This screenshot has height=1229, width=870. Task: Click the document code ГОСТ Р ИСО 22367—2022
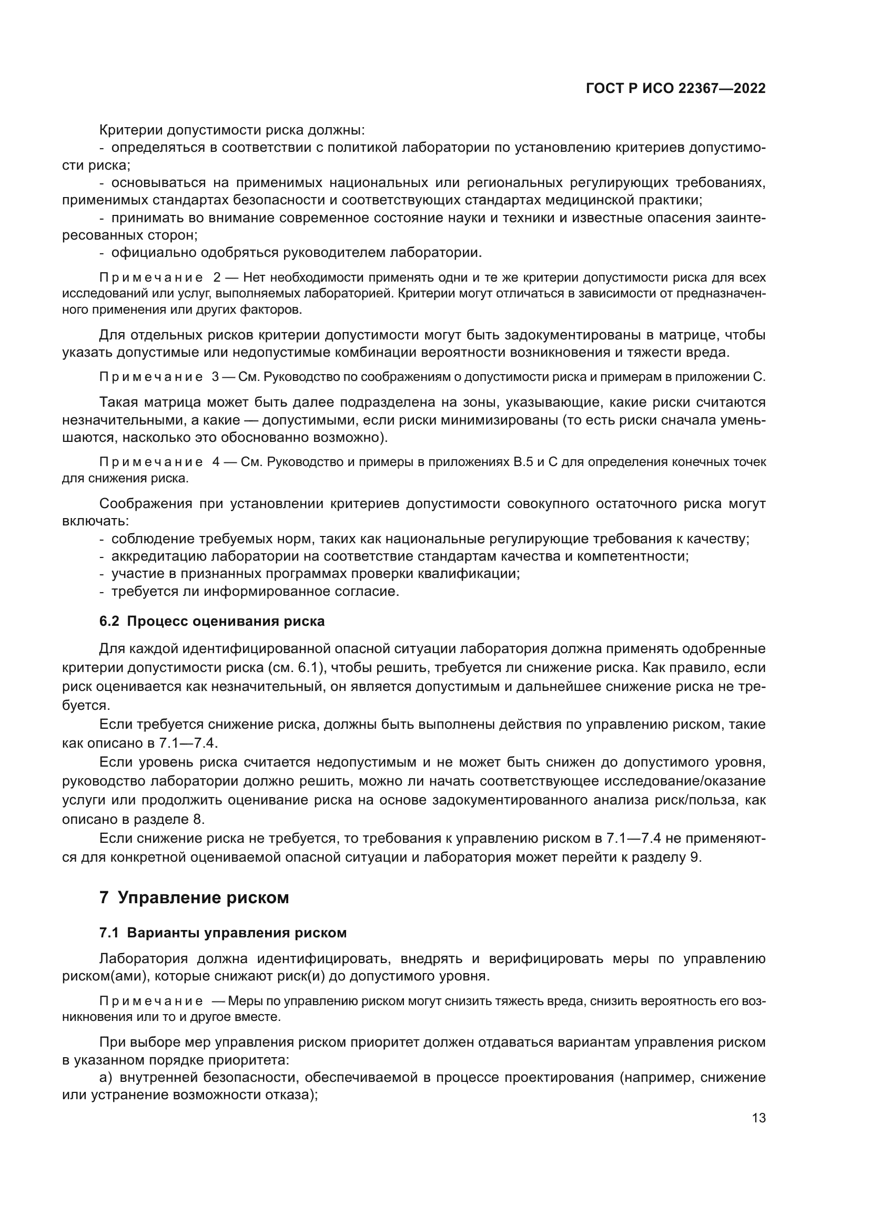pyautogui.click(x=675, y=89)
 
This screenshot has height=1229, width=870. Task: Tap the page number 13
pyautogui.click(x=758, y=1118)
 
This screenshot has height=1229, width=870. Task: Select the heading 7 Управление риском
pyautogui.click(x=194, y=897)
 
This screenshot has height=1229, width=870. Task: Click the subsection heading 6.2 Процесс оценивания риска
pyautogui.click(x=212, y=621)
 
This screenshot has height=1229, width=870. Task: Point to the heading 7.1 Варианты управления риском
pyautogui.click(x=223, y=933)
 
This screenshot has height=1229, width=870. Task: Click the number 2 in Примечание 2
pyautogui.click(x=217, y=278)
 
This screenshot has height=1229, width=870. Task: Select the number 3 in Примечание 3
pyautogui.click(x=215, y=377)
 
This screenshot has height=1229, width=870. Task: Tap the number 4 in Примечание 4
pyautogui.click(x=216, y=462)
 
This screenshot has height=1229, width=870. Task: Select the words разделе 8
pyautogui.click(x=174, y=819)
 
